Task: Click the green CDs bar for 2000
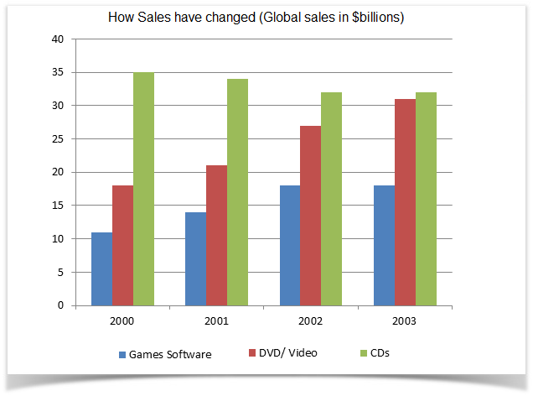coord(143,189)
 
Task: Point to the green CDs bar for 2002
coord(332,199)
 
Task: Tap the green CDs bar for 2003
coord(426,199)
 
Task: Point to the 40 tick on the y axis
coord(58,39)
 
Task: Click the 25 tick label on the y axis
coord(58,139)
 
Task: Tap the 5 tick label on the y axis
coord(60,272)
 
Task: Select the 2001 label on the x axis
coord(216,320)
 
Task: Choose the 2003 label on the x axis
coord(405,320)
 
